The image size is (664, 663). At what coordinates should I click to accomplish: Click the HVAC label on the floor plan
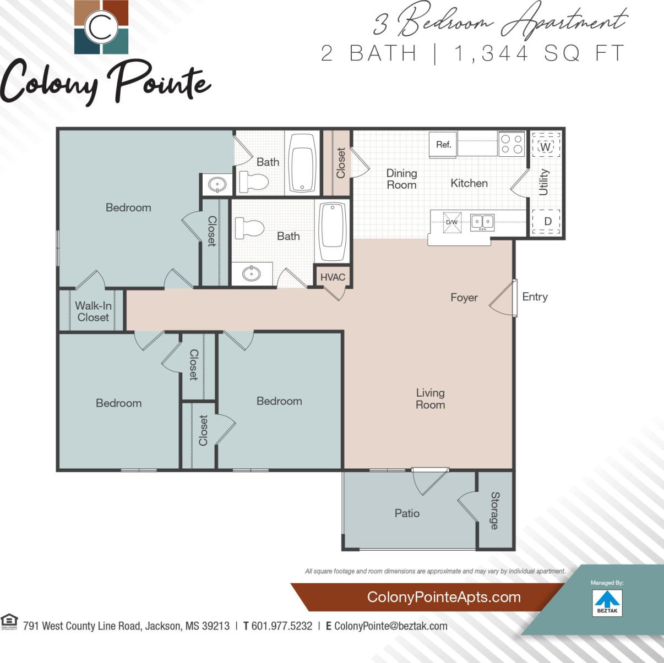coord(333,277)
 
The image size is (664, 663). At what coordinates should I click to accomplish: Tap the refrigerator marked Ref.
coord(443,145)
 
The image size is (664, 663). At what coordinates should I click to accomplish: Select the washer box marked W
coord(545,147)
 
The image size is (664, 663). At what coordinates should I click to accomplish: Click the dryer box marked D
coord(547,221)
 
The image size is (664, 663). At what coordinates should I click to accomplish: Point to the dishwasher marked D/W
coord(452,222)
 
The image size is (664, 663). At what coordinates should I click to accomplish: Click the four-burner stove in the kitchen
coord(511,144)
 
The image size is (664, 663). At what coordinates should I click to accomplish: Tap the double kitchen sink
coord(482,222)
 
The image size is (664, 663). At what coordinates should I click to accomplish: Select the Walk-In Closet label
coord(93,311)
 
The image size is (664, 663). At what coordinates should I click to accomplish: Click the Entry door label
coord(535,297)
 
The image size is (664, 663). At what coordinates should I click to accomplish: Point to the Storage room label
coord(494,511)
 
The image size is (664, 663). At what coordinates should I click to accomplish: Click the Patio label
coord(407,513)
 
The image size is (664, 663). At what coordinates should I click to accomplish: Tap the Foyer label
coord(464,297)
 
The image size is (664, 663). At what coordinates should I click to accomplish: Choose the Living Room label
coord(430,398)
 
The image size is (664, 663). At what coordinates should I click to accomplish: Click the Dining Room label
coord(401,179)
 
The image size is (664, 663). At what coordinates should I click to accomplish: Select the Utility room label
coord(544,182)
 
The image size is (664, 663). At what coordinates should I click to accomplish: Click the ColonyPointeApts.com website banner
coord(443,597)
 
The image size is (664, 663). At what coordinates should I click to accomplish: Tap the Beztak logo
coord(607,602)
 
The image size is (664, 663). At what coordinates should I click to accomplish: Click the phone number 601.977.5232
coord(281,626)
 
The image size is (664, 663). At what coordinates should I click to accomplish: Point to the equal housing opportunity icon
coord(9,622)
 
